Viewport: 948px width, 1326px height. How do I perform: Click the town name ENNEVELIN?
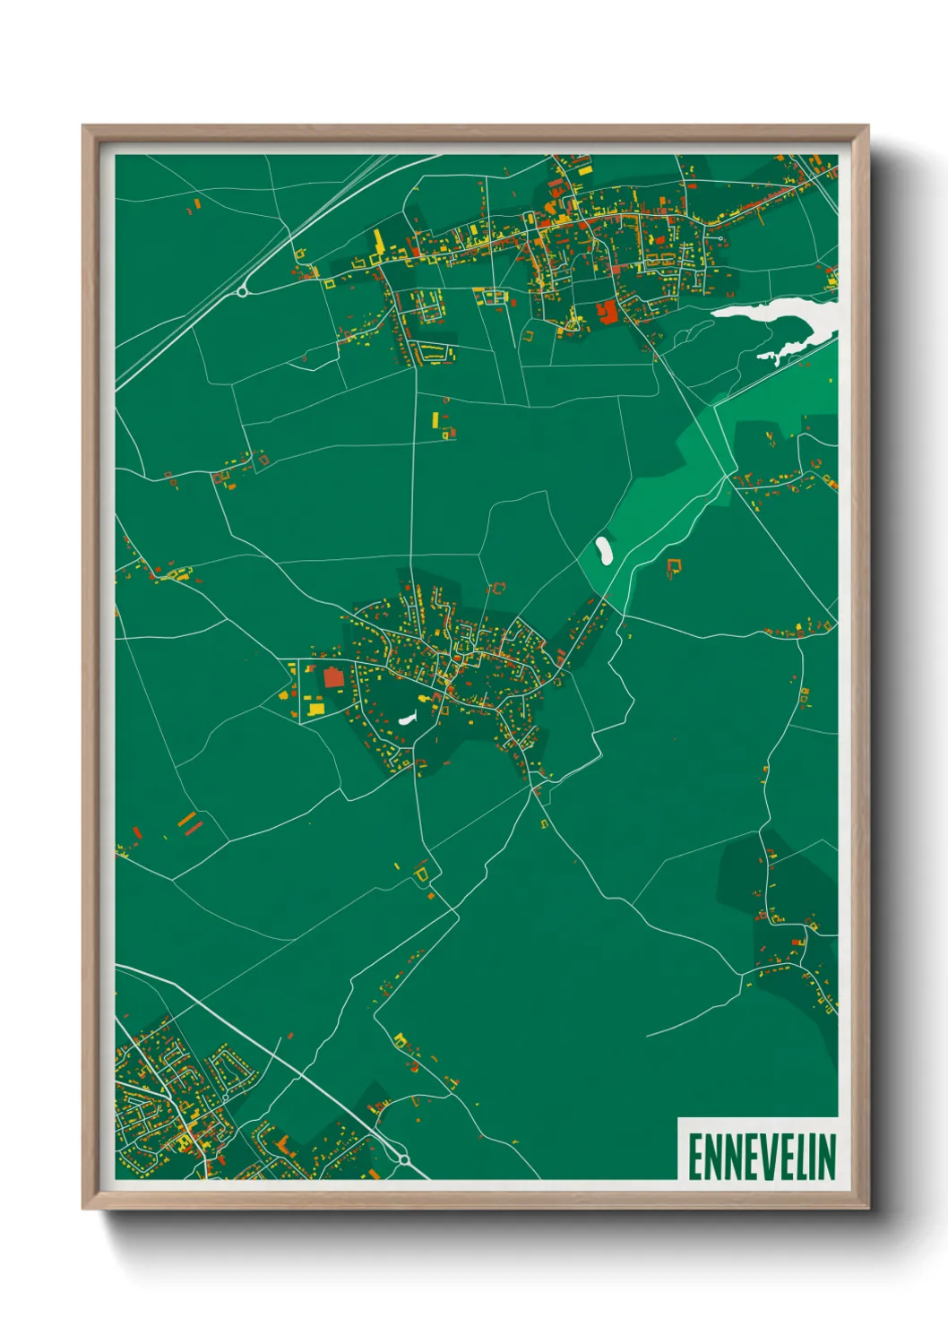[x=762, y=1157]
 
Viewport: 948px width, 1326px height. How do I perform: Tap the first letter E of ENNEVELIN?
[x=695, y=1157]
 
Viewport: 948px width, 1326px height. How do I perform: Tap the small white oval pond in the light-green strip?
[x=604, y=549]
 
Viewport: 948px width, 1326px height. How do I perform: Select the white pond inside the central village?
[x=408, y=718]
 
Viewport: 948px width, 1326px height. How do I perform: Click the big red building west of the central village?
[x=334, y=676]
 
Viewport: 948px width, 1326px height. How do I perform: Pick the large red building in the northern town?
[x=608, y=311]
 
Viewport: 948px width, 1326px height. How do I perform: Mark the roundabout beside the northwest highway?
[x=242, y=290]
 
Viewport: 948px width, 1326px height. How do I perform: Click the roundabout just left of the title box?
[x=404, y=1159]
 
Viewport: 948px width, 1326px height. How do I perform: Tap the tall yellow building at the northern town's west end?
[x=378, y=242]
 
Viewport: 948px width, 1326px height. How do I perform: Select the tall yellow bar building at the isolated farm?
[x=435, y=418]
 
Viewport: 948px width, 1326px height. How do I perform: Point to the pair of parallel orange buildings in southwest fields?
[x=188, y=822]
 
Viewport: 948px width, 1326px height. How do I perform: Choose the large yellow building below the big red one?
[x=315, y=709]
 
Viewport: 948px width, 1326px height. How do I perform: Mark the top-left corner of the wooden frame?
[x=84, y=127]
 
